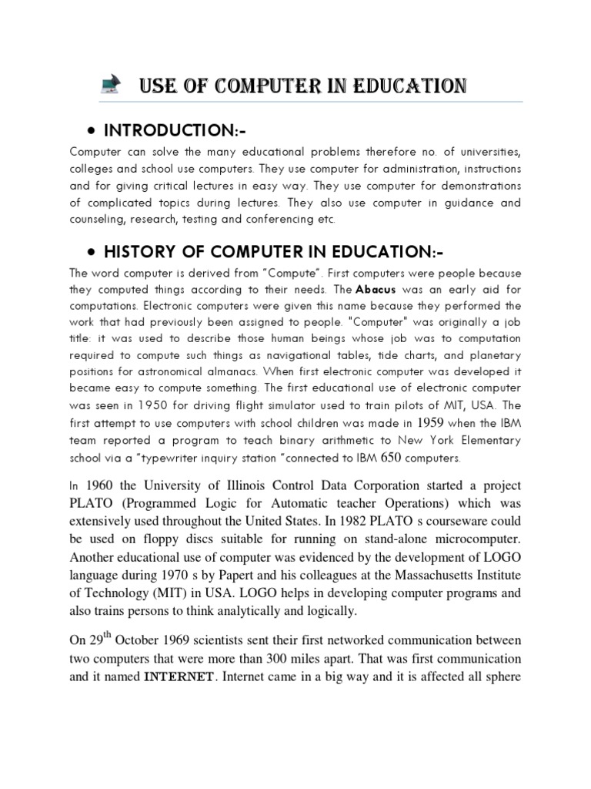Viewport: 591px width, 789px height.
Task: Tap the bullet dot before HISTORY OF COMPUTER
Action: (x=92, y=253)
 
